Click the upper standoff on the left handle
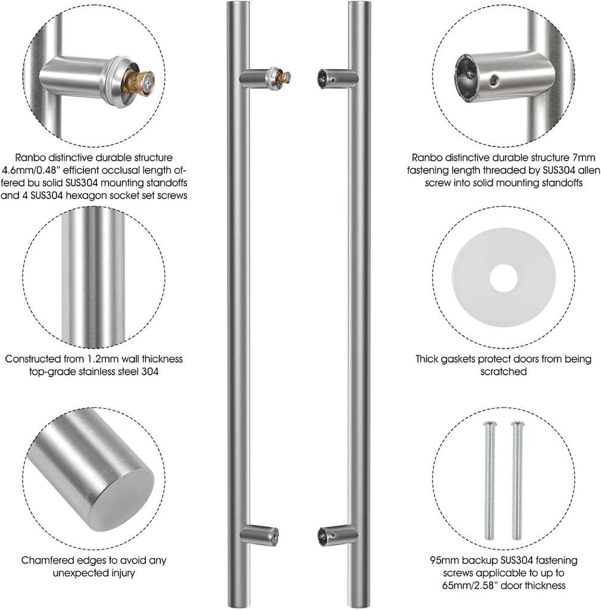262,77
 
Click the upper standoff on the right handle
337,78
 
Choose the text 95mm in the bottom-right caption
443,561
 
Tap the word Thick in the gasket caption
427,359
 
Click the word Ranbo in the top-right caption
425,158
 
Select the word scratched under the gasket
503,372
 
